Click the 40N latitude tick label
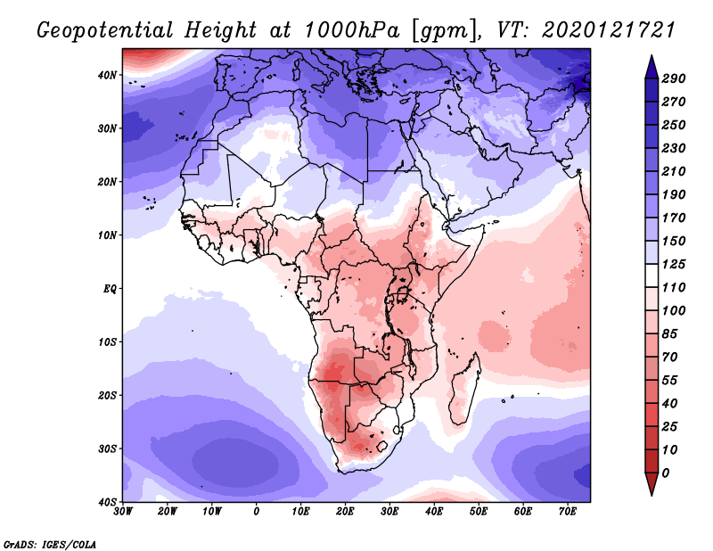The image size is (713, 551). pos(108,75)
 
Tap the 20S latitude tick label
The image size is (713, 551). pos(108,395)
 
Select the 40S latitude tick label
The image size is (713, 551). pos(108,502)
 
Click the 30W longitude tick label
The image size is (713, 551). pos(123,512)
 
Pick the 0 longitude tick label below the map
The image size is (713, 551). pos(257,512)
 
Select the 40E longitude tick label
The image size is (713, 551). pos(434,512)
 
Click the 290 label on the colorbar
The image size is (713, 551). pos(674,78)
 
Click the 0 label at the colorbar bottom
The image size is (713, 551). pos(667,472)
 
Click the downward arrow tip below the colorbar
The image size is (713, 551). pos(651,493)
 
